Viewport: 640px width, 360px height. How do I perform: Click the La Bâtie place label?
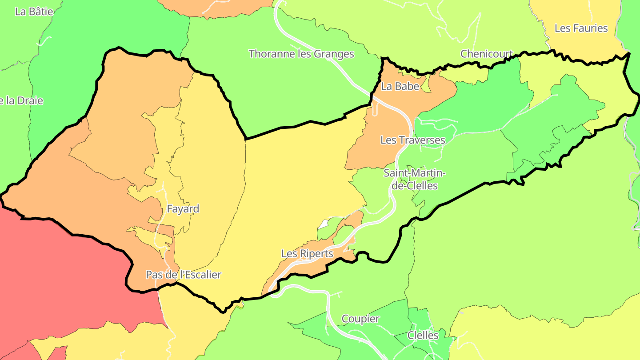pyautogui.click(x=34, y=12)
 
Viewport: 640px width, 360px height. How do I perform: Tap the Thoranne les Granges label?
pyautogui.click(x=301, y=54)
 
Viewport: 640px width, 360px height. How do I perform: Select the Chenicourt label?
pyautogui.click(x=486, y=54)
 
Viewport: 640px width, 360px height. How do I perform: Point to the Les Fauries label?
pyautogui.click(x=581, y=28)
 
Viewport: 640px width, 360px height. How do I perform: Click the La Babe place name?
pyautogui.click(x=400, y=86)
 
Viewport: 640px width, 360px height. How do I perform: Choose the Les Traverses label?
pyautogui.click(x=412, y=140)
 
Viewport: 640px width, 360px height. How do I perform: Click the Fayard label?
pyautogui.click(x=183, y=209)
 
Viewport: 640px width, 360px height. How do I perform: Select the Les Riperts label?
pyautogui.click(x=307, y=253)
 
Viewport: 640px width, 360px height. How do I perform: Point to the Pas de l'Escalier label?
pyautogui.click(x=183, y=275)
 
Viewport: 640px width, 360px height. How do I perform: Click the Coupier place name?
pyautogui.click(x=360, y=319)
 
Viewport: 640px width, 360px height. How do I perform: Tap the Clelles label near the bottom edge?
pyautogui.click(x=423, y=335)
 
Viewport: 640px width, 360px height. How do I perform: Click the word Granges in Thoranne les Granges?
pyautogui.click(x=333, y=54)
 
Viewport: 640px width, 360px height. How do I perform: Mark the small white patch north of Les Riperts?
pyautogui.click(x=324, y=224)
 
